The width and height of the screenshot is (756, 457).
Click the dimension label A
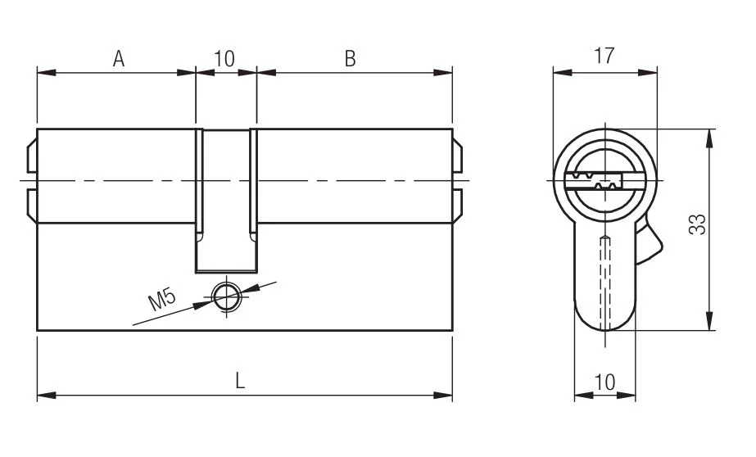119,58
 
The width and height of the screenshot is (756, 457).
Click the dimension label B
350,58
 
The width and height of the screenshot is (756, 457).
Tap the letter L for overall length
240,382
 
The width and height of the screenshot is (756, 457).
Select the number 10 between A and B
224,58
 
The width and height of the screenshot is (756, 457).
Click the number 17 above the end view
604,56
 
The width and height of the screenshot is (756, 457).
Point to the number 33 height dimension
697,224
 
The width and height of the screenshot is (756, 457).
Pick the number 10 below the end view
604,382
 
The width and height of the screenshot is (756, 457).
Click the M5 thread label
162,300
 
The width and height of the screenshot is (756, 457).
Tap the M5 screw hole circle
227,296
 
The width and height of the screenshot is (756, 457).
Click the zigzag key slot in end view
593,181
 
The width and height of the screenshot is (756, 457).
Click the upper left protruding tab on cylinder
32,156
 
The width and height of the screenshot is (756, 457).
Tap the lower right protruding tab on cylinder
458,206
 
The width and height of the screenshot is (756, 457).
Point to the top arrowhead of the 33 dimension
708,139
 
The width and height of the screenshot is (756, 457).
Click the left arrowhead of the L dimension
47,396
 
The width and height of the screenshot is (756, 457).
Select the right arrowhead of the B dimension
443,73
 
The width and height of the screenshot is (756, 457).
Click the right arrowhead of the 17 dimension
648,73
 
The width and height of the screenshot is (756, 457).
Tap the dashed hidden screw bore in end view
605,283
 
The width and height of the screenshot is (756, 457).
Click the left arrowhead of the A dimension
47,73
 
